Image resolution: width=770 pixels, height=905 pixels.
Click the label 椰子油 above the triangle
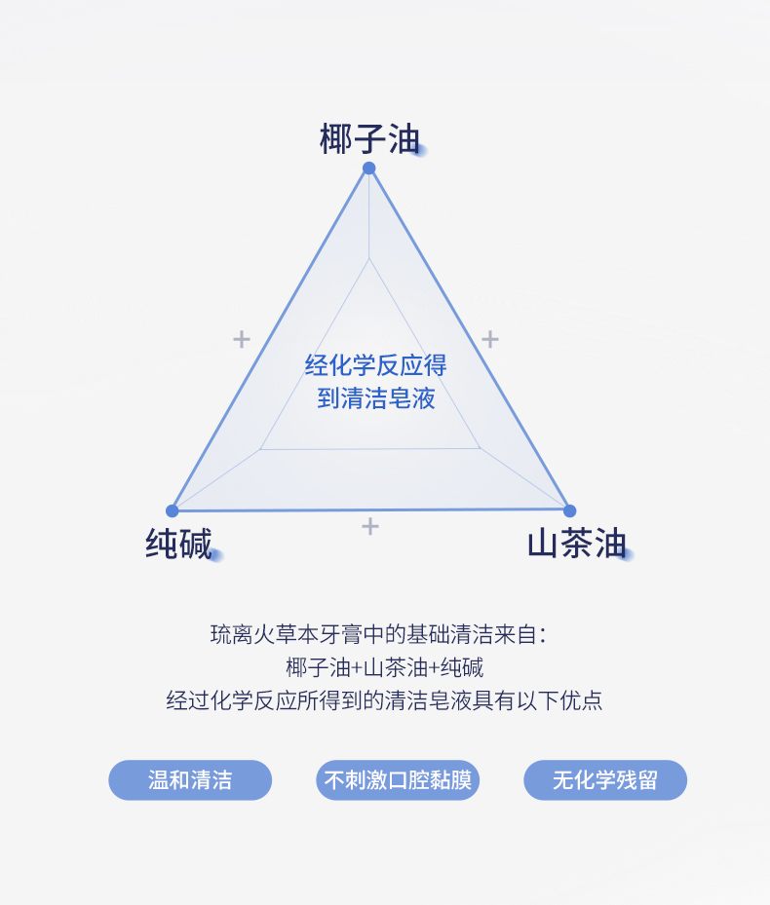(370, 139)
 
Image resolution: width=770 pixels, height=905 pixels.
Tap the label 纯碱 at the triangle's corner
(179, 544)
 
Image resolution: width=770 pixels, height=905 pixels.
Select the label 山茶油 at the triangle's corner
(576, 544)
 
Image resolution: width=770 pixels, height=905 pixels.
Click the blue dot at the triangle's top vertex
(369, 169)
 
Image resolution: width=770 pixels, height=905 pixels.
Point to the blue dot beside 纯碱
(173, 510)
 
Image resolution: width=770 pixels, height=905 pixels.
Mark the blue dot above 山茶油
(570, 510)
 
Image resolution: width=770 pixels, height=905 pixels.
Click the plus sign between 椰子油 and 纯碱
(242, 339)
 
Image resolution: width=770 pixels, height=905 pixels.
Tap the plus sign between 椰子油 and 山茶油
(490, 339)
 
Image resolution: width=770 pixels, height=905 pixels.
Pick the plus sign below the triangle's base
(370, 526)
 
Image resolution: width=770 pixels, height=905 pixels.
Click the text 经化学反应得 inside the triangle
(375, 366)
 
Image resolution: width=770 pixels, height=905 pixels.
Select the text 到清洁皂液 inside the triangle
(375, 398)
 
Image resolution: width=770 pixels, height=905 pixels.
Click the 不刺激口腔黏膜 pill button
(398, 780)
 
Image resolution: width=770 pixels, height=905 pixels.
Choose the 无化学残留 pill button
(605, 780)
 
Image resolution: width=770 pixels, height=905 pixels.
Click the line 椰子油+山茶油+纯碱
(385, 668)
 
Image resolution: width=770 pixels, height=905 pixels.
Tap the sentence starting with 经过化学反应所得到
(385, 700)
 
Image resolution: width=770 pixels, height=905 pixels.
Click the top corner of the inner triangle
(369, 259)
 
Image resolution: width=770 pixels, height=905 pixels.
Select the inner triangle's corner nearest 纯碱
(260, 449)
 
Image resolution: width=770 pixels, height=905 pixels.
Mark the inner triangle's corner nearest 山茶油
(480, 448)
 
